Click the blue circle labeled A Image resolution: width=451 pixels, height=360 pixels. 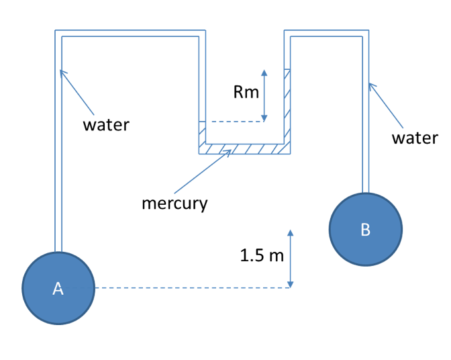(x=58, y=288)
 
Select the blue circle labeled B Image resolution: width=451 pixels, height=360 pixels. (x=365, y=229)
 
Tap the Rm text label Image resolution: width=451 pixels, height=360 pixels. (x=246, y=93)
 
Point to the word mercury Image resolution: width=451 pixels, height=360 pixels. (x=174, y=202)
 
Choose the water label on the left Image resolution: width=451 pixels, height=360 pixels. (x=106, y=125)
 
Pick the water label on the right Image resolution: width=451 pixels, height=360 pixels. (x=415, y=138)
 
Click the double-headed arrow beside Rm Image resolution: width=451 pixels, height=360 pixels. (x=264, y=95)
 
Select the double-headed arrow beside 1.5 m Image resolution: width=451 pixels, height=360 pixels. (x=290, y=259)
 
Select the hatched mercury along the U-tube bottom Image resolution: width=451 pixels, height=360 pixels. (x=245, y=148)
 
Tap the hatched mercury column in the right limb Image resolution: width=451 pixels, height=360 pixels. (x=287, y=107)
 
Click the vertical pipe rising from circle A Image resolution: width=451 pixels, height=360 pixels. (x=58, y=148)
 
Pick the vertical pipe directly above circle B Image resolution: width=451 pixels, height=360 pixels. (x=366, y=121)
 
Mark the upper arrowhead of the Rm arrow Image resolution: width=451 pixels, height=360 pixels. (x=264, y=72)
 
